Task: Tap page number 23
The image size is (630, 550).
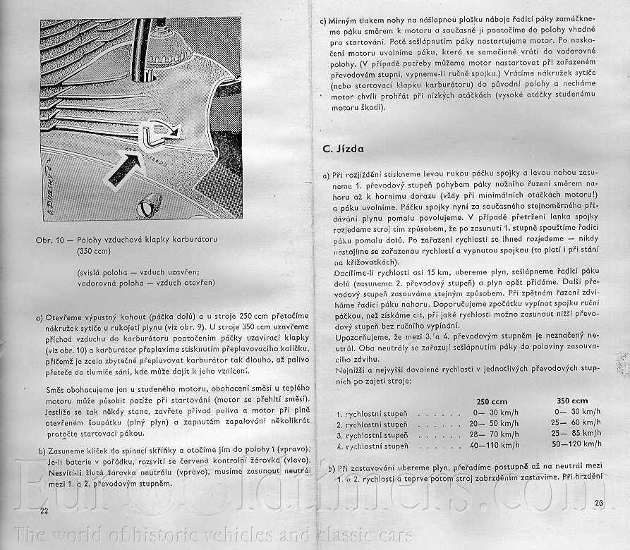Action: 600,503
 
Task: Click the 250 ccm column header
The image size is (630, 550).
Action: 492,401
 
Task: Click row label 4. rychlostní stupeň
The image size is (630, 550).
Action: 372,446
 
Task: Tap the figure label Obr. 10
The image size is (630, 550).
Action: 49,240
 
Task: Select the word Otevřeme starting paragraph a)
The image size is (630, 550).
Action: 68,318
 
